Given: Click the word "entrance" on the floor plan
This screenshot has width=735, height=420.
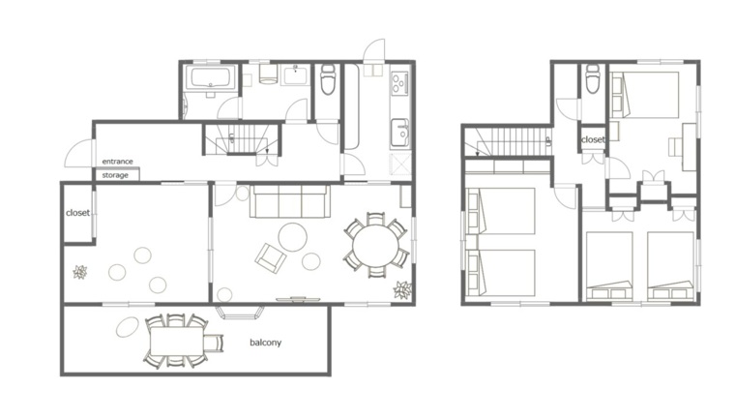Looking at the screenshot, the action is tap(117, 162).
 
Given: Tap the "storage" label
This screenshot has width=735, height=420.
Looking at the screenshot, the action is tap(115, 175).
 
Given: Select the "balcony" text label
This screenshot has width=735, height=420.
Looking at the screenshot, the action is tap(265, 343).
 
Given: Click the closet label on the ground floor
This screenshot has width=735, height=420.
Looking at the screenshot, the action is tap(77, 213).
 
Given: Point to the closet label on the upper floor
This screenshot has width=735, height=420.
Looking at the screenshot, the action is tap(593, 139).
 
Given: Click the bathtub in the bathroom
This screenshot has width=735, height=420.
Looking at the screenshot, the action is tap(211, 77).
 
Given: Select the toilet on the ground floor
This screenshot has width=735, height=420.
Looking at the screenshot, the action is tap(328, 79).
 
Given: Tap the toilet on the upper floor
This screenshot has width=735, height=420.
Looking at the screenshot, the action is tap(593, 78).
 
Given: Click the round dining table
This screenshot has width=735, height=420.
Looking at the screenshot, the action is tap(374, 246).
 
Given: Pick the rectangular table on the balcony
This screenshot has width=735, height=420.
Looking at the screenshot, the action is tap(176, 342).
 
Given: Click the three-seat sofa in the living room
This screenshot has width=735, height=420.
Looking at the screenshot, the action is tap(289, 201).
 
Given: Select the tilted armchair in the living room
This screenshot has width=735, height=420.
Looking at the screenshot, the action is tap(271, 258).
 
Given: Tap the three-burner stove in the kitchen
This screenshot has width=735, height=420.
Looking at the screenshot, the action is tap(399, 82).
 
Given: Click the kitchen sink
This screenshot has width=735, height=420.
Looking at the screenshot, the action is tap(399, 133).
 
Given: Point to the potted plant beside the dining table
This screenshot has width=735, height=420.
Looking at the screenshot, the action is tap(402, 289).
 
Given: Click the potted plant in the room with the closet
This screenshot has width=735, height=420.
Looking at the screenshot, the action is tap(80, 272).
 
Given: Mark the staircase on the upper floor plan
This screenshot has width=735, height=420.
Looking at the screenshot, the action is tap(508, 142).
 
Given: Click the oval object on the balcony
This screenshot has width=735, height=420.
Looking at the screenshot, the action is tap(128, 327).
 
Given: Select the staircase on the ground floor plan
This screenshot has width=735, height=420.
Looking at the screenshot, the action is tap(243, 139).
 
